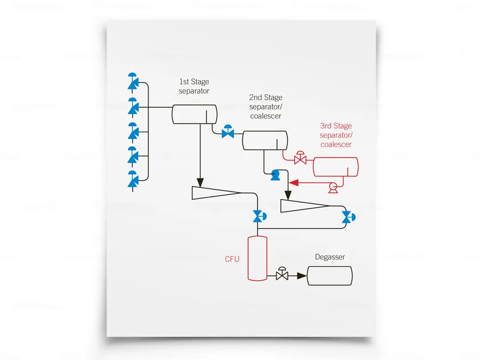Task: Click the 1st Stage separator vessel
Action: [x=194, y=114]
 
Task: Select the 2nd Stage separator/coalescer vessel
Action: [x=264, y=140]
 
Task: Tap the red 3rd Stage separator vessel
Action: [x=336, y=167]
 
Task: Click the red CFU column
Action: [x=257, y=258]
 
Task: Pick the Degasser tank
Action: [x=329, y=276]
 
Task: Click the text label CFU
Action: [x=232, y=259]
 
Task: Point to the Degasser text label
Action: [x=330, y=257]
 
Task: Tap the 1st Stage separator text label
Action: [x=194, y=86]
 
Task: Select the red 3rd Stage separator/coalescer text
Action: [x=336, y=135]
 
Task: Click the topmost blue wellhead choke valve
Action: [x=133, y=82]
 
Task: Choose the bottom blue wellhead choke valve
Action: [x=133, y=180]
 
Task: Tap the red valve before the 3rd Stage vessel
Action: [x=300, y=159]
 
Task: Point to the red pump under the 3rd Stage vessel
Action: [x=332, y=188]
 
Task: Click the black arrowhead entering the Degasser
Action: [x=302, y=276]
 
